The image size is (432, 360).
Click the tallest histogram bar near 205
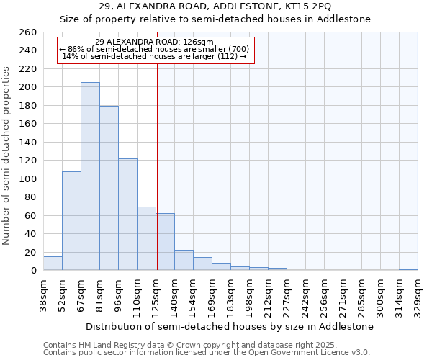(x=90, y=176)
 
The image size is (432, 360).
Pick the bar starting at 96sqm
(x=127, y=215)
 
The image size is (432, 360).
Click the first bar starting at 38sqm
(x=53, y=264)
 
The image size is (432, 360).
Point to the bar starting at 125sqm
(x=165, y=242)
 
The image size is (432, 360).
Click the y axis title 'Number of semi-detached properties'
(x=7, y=155)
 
